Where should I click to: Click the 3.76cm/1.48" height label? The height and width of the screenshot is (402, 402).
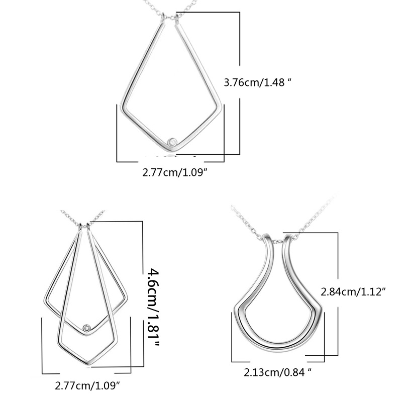[x=258, y=82]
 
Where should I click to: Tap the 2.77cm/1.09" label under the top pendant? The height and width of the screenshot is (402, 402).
[x=174, y=172]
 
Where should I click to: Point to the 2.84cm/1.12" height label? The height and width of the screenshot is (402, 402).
[x=353, y=292]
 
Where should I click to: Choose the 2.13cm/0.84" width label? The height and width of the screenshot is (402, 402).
[x=278, y=372]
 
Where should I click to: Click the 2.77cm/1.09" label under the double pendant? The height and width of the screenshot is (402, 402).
[x=87, y=385]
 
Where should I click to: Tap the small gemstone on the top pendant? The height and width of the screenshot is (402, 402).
[x=172, y=142]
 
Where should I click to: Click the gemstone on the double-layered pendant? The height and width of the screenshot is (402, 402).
[x=87, y=328]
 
